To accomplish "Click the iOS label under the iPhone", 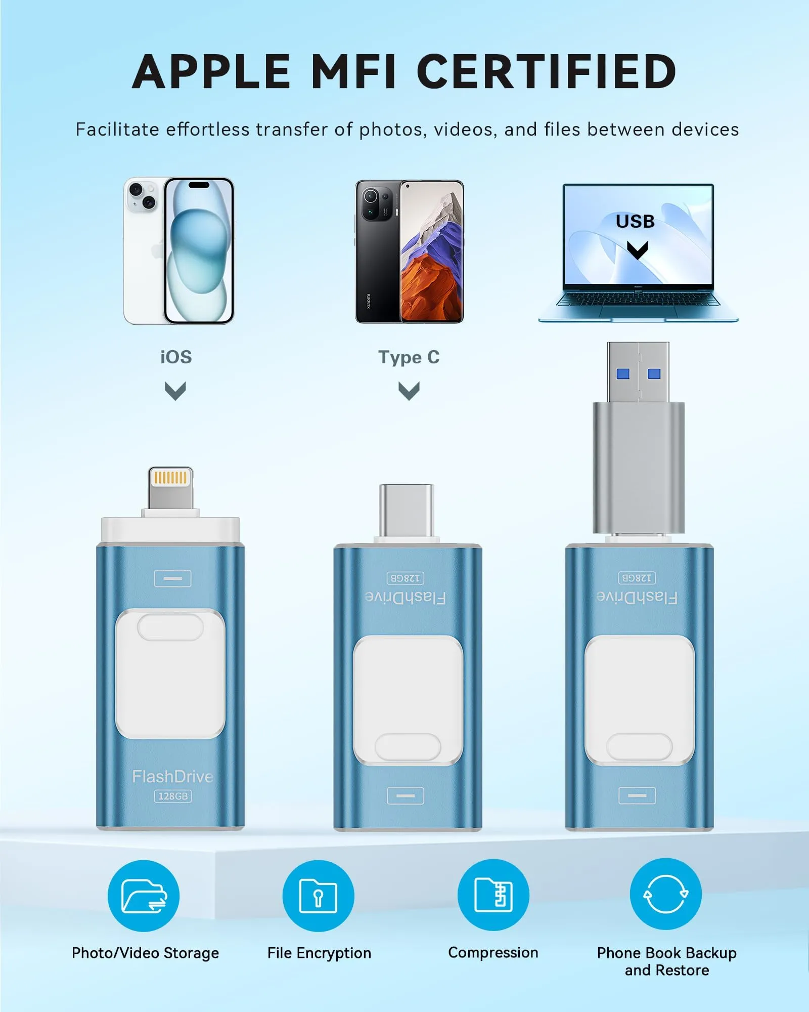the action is coord(176,357).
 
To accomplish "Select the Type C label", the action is coord(409,357).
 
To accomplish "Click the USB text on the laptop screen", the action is coord(635,221).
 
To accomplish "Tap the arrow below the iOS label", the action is coord(175,391).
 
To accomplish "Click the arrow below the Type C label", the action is coord(409,391).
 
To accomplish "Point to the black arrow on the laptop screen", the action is coord(637,250).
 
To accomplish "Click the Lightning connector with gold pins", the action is coord(170,488).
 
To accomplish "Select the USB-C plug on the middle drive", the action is coord(407,511).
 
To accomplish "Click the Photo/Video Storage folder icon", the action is coord(144,896).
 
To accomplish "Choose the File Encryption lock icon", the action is coord(318,896).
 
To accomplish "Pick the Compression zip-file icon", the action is coord(493,895).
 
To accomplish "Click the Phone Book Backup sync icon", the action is coord(665,894).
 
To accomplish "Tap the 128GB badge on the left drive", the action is coord(173,796).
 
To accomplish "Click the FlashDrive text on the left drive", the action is coord(172,776).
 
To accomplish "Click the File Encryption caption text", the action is coord(319,953).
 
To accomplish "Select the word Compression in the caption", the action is coord(493,953).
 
